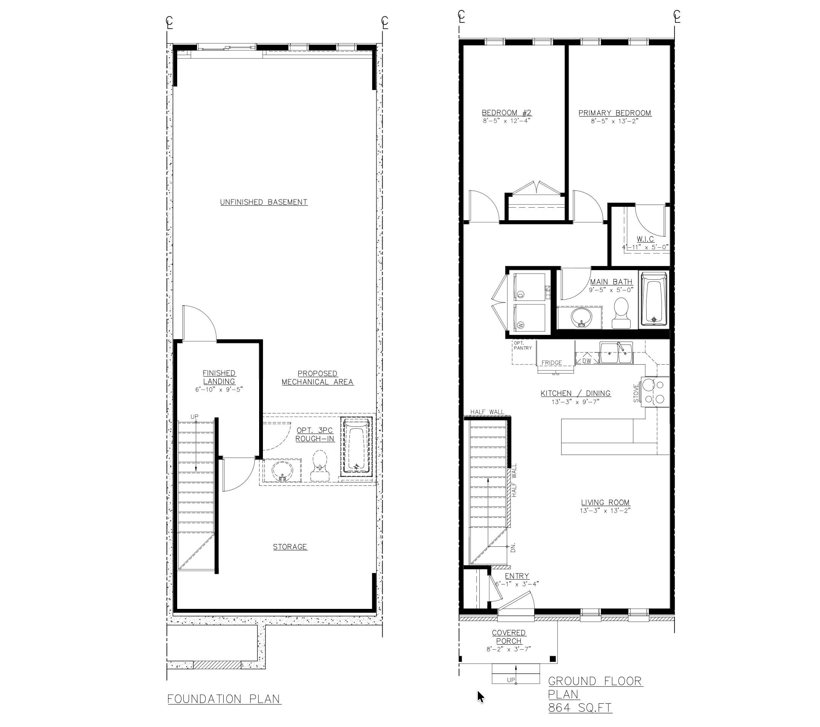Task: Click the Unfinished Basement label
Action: point(264,202)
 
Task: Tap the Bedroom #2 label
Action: point(506,113)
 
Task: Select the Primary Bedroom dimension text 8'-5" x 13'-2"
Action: point(614,121)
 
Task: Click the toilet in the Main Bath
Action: point(621,313)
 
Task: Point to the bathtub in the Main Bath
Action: point(654,298)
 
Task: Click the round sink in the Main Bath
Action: point(580,317)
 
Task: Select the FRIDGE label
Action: point(552,363)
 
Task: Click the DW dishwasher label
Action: point(586,361)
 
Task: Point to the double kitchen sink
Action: point(616,354)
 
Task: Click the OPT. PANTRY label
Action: point(523,346)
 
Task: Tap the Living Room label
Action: point(605,502)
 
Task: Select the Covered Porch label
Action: point(509,637)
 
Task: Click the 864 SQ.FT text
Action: point(580,708)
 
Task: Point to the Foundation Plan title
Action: point(224,699)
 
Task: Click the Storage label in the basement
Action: point(290,547)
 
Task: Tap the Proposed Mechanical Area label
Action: point(317,378)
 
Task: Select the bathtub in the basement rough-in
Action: point(356,447)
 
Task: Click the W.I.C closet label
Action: point(645,239)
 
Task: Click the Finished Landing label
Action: point(219,377)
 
